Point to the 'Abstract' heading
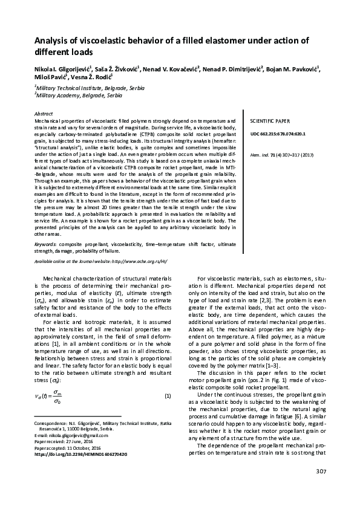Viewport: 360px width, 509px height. (x=44, y=114)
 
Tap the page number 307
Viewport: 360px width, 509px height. (x=321, y=488)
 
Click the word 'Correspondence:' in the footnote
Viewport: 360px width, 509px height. (x=52, y=424)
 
